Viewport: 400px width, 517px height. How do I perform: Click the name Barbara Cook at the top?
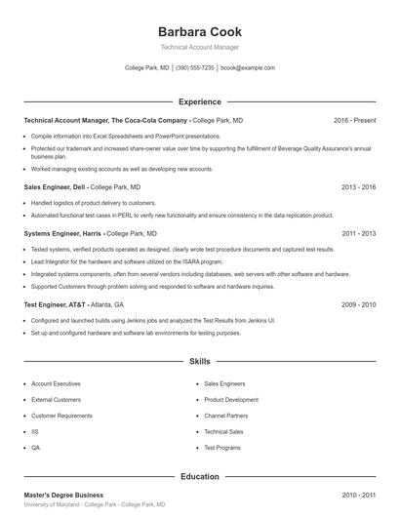point(199,31)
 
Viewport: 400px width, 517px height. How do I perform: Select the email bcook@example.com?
point(248,68)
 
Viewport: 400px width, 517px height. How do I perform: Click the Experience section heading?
point(199,101)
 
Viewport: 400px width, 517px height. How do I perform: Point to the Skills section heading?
point(199,361)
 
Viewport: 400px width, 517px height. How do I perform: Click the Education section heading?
point(199,477)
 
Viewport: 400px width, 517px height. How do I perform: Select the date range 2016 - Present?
point(354,120)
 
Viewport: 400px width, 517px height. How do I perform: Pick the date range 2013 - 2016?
point(358,186)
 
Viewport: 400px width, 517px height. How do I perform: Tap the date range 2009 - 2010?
point(358,304)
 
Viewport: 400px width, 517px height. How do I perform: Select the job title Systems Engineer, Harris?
point(61,234)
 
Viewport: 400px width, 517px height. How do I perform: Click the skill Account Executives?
point(56,384)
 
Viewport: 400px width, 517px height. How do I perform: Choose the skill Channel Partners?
point(226,416)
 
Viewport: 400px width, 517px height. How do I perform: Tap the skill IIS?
point(35,431)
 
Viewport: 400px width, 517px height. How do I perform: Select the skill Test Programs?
point(222,447)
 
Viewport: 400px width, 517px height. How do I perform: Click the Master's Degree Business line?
point(63,496)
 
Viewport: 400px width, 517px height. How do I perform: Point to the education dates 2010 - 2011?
point(358,496)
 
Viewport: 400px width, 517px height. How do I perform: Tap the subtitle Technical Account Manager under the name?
point(199,47)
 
